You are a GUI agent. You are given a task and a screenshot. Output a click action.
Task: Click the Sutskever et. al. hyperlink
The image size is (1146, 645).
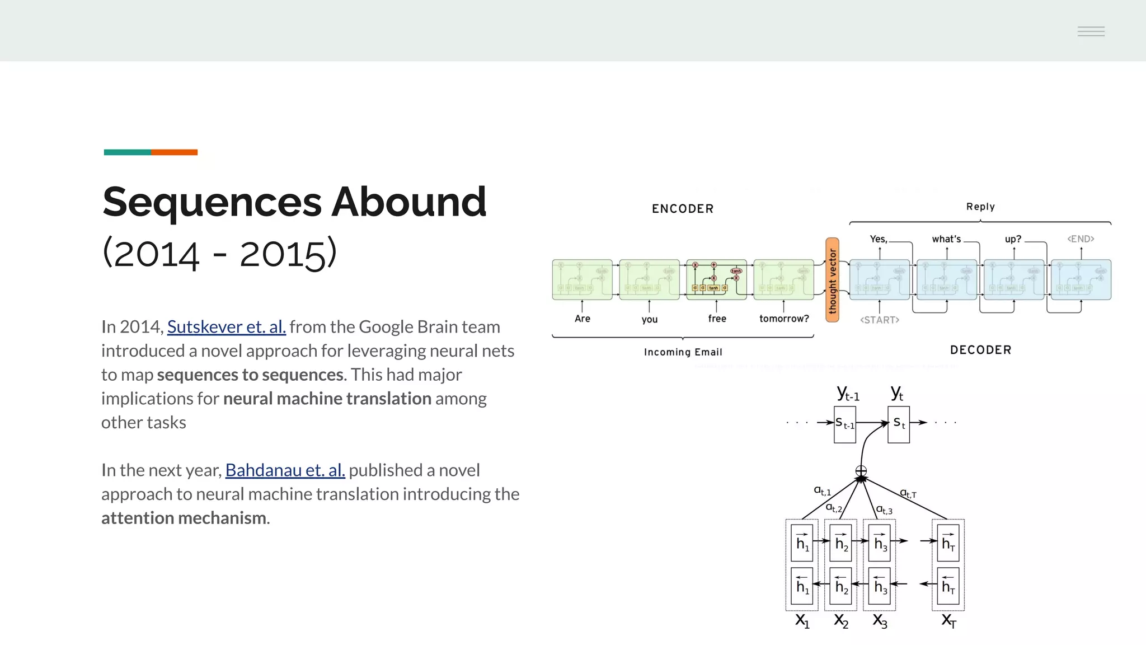pos(226,326)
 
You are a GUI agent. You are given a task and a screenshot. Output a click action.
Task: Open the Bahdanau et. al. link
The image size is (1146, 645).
pos(285,470)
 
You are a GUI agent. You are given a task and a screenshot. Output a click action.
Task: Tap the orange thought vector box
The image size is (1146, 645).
pos(832,280)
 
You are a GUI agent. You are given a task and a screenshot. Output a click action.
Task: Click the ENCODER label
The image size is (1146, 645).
pos(682,209)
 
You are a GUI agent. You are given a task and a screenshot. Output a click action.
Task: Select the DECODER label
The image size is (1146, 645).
pos(980,350)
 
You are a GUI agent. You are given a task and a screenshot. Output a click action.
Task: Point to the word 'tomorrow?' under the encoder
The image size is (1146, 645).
pos(783,319)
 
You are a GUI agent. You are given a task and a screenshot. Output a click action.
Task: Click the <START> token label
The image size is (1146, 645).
pos(879,320)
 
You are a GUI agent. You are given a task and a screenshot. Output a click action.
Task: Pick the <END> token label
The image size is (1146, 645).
pos(1080,239)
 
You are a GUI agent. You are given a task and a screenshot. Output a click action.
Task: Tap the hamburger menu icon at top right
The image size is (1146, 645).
pos(1091,31)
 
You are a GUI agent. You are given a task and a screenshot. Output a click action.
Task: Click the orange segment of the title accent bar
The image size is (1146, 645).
pos(174,152)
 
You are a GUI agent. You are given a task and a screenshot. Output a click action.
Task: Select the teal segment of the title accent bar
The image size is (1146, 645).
pos(127,152)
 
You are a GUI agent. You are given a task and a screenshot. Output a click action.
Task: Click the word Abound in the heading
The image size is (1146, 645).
pos(408,202)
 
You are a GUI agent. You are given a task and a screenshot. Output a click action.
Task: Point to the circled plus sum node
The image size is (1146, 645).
pos(861,471)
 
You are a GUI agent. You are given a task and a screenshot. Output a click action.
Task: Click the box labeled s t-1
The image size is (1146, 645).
pos(844,424)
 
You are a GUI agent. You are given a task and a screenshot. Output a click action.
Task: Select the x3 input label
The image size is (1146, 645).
pos(880,620)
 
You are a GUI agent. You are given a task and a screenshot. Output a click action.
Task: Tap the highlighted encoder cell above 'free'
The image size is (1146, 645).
pos(716,279)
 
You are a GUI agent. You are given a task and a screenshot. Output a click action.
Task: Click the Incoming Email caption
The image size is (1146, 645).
pos(683,352)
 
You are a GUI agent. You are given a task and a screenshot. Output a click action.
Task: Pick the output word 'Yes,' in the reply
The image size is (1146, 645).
pos(878,239)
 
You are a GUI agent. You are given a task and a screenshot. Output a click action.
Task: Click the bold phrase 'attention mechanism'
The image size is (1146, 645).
pos(184,518)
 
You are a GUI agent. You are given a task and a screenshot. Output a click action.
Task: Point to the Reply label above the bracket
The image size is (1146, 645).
pos(980,207)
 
